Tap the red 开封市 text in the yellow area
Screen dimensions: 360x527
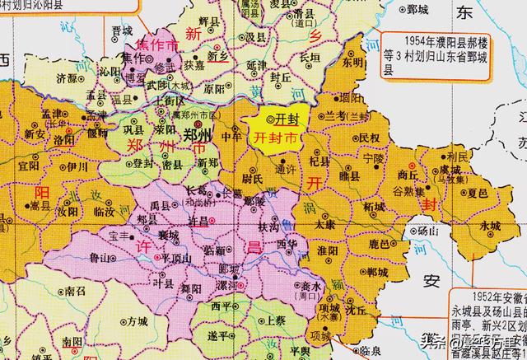[x=276, y=138]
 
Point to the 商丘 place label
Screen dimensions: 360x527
[x=406, y=174]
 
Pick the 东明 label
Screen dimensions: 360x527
[x=352, y=62]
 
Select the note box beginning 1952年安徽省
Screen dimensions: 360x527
[x=486, y=321]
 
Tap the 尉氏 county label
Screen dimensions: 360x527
[x=252, y=176]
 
